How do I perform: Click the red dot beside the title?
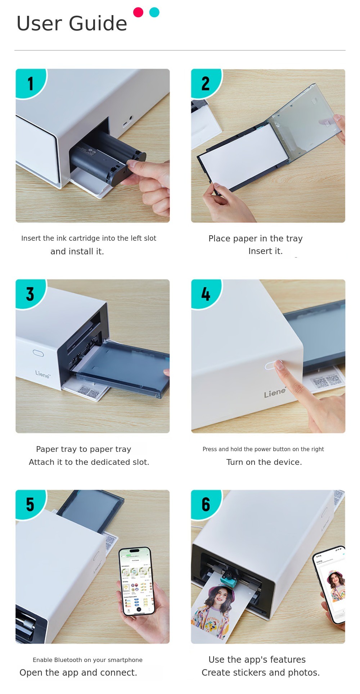click(x=138, y=12)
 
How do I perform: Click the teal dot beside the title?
click(x=154, y=12)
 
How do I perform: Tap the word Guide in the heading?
click(x=98, y=23)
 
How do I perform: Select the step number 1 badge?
click(x=30, y=83)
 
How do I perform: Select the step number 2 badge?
click(x=206, y=83)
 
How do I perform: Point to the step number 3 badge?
click(x=30, y=294)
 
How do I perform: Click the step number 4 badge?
click(x=206, y=294)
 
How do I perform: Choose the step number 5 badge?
click(x=30, y=504)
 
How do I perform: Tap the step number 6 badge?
click(x=206, y=504)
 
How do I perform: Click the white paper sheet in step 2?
click(x=243, y=155)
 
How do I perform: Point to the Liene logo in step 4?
click(x=275, y=393)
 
